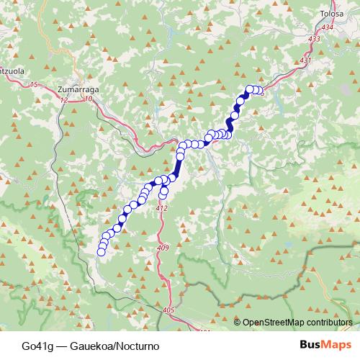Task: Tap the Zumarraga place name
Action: [x=75, y=89]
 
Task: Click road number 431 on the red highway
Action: [x=305, y=60]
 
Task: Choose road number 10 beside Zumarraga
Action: [x=89, y=99]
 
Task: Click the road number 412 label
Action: [x=161, y=208]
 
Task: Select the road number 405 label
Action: [x=169, y=310]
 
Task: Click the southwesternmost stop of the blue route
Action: [x=102, y=251]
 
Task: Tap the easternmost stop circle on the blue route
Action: [x=259, y=91]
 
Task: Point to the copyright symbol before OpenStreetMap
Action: [x=238, y=323]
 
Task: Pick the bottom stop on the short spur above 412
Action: [x=163, y=194]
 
